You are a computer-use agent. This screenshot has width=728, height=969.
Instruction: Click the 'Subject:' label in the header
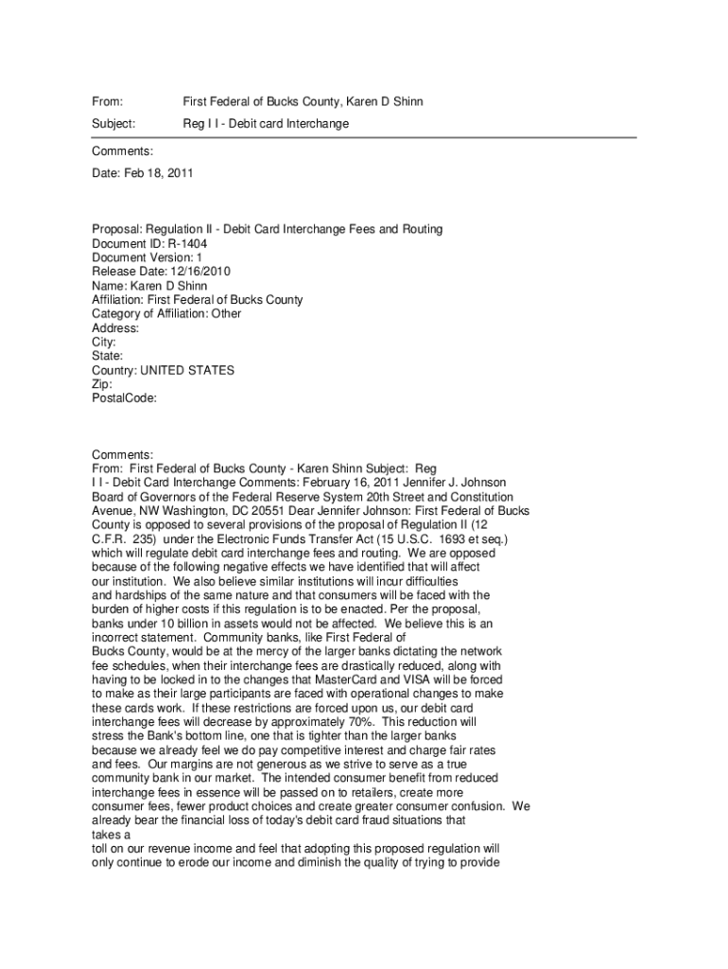(x=113, y=124)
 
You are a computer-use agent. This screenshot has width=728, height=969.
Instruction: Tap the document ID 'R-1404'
(x=186, y=243)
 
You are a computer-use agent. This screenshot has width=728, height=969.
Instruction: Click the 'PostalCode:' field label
(x=124, y=399)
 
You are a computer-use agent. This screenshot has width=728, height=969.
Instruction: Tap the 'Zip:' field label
(x=102, y=385)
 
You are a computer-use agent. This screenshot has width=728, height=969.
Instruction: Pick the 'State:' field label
(x=108, y=357)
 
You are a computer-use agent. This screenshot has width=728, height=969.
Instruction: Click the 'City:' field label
(x=104, y=343)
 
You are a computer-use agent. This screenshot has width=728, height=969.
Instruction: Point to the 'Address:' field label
(x=115, y=328)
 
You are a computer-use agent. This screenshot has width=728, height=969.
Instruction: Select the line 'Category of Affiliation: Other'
(x=166, y=314)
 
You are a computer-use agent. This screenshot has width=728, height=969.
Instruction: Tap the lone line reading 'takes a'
(x=110, y=836)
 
